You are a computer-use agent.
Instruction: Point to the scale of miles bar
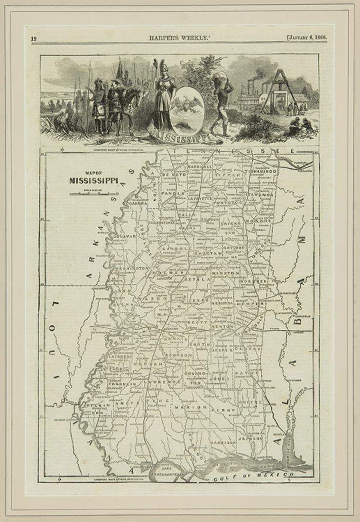(93, 193)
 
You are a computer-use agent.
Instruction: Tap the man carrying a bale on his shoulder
(222, 97)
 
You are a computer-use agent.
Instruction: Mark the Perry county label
(225, 410)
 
